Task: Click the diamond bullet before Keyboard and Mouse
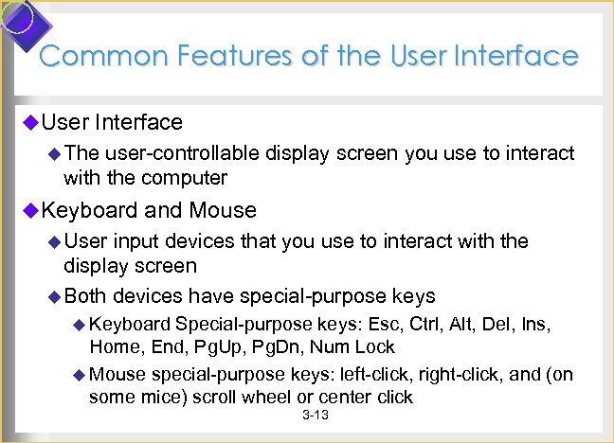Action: pos(30,210)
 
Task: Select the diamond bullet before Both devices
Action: pos(55,295)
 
